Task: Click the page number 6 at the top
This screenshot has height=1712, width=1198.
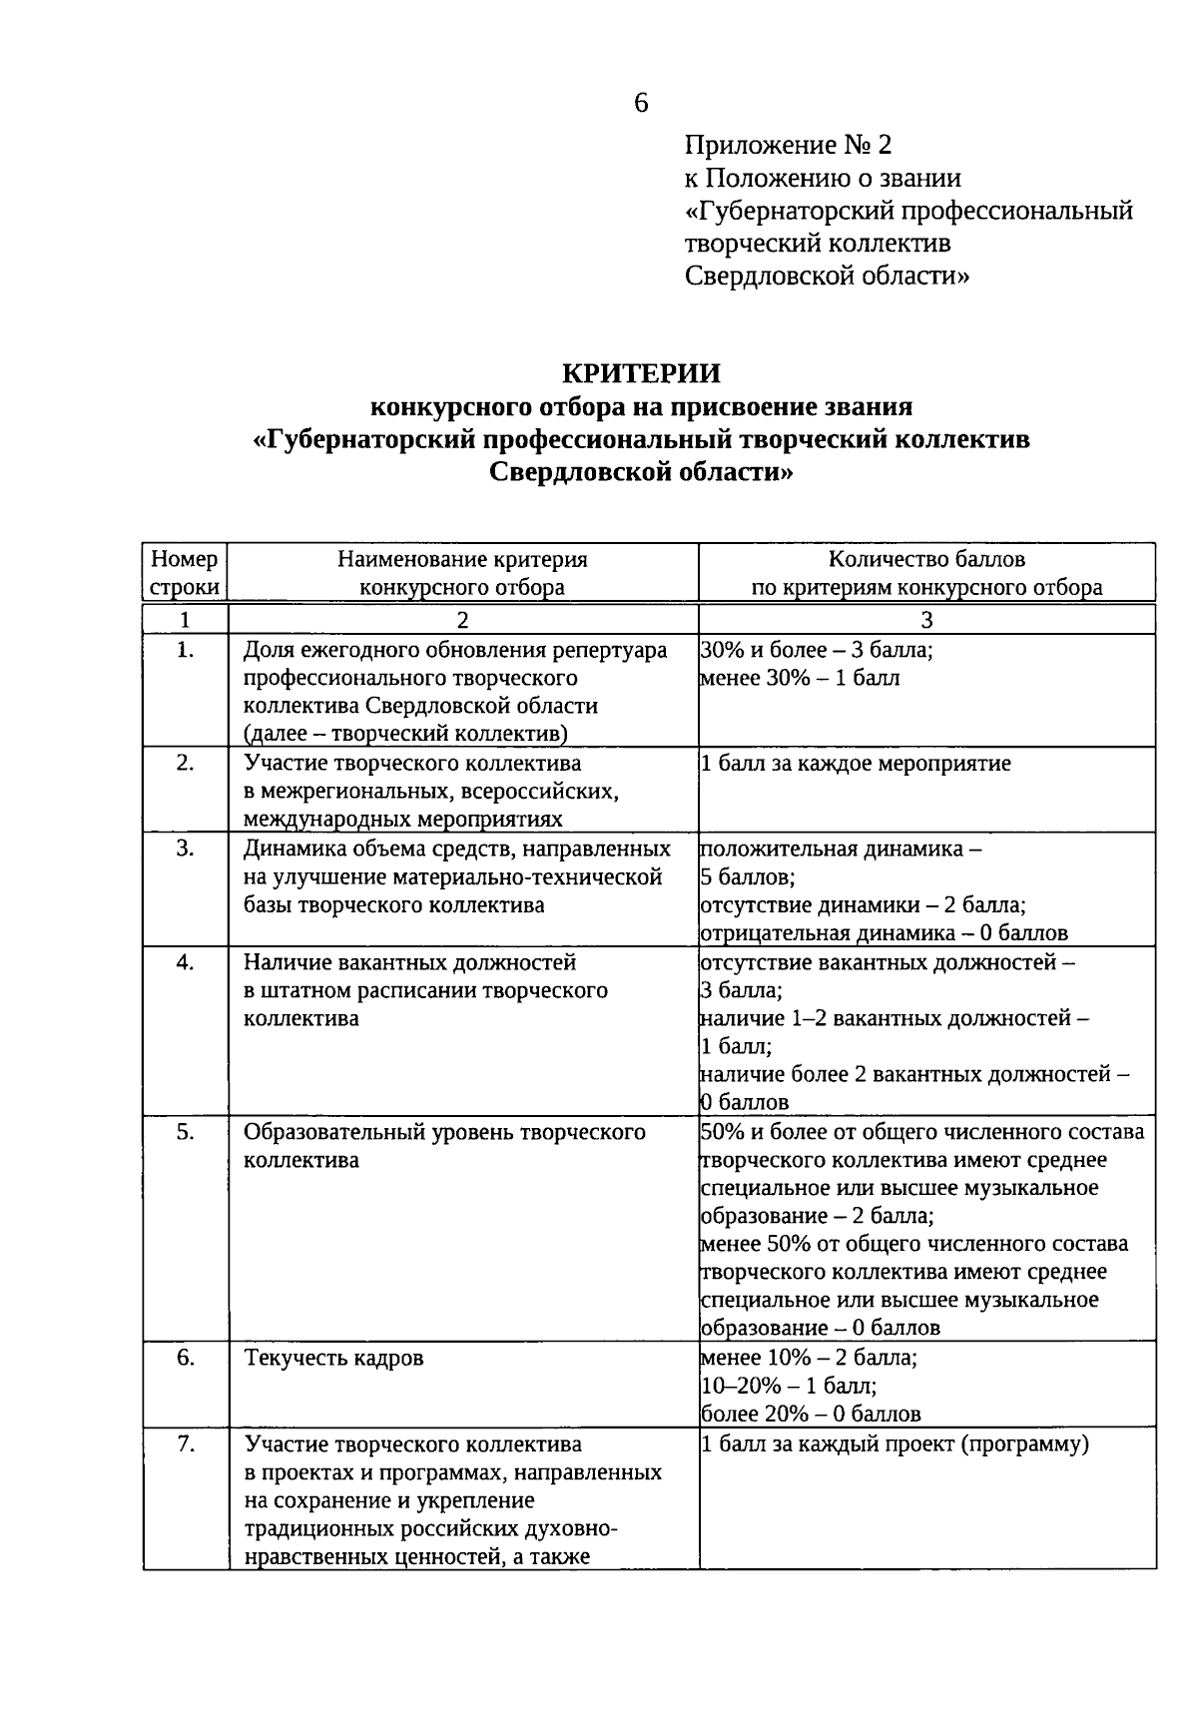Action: (641, 103)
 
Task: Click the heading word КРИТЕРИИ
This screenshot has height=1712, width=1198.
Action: (641, 373)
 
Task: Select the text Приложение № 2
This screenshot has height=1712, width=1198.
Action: (788, 146)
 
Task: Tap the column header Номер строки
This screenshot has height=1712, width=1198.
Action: (185, 573)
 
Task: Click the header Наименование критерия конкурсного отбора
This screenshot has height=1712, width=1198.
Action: (462, 573)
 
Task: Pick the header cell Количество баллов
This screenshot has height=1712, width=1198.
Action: (926, 560)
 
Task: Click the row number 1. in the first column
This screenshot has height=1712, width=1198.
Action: (185, 650)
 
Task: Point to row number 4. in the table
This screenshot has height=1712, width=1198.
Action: (185, 962)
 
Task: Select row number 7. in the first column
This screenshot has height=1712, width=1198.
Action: (185, 1444)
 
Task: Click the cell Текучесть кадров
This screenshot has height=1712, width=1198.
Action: (334, 1359)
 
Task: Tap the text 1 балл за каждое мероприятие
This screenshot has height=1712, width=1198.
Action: (857, 764)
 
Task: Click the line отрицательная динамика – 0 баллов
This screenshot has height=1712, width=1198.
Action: (885, 933)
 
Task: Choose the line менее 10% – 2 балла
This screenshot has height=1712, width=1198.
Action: (809, 1358)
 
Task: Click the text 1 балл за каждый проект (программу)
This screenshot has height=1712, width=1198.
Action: (895, 1444)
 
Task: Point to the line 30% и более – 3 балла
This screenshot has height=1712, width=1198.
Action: (817, 650)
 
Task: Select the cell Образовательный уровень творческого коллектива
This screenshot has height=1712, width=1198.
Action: (444, 1146)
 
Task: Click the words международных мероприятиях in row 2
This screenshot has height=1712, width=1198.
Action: (403, 820)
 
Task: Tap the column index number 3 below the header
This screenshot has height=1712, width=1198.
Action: (926, 620)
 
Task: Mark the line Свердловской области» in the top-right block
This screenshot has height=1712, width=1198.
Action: (827, 276)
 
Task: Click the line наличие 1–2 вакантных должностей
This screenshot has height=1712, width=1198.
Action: (895, 1019)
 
